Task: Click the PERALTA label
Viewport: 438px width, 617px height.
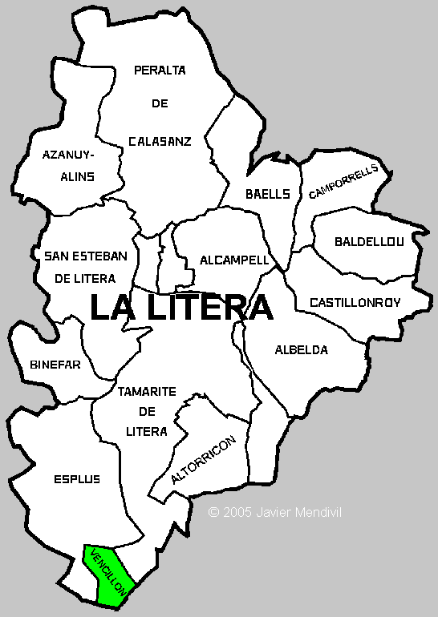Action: (160, 70)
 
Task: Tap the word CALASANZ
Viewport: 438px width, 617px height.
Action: (160, 141)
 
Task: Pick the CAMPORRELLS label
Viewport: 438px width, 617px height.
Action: (343, 181)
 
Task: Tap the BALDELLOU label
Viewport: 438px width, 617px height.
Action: (370, 240)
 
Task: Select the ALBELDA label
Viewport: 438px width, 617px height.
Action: (301, 349)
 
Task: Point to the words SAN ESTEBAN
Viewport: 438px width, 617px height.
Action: (86, 256)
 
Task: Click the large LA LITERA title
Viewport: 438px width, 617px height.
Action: (181, 308)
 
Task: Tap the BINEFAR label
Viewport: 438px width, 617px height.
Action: (55, 364)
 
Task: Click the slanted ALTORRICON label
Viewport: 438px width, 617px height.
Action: (204, 461)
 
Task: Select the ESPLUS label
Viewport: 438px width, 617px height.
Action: (77, 479)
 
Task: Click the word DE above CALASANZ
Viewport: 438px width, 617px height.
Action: (159, 104)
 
